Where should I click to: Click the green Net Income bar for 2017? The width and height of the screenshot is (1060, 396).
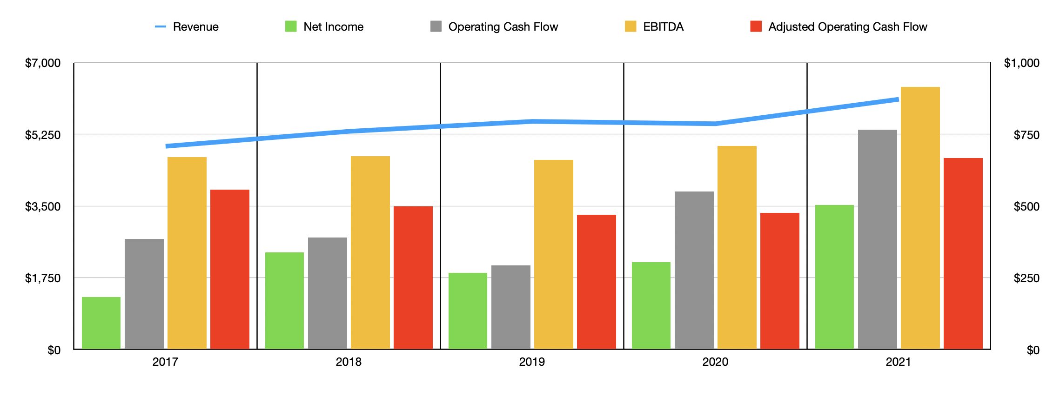101,323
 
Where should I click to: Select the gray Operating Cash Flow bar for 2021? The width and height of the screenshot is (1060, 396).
877,239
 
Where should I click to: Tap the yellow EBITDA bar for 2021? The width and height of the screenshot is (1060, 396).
920,218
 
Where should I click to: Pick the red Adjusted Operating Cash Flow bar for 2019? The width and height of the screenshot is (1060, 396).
596,282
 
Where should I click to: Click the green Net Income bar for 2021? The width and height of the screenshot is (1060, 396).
834,277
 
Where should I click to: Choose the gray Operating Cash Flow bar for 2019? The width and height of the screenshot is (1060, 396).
510,307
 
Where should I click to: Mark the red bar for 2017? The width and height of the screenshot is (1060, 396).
229,269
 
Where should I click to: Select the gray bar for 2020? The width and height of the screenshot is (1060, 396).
694,270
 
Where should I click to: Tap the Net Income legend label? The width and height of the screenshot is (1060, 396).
333,27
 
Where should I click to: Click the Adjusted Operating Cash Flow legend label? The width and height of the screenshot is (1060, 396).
847,27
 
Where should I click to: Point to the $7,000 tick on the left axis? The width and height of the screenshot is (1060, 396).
43,63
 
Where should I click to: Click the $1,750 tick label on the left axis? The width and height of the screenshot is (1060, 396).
43,278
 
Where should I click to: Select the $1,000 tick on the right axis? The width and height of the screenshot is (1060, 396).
1021,63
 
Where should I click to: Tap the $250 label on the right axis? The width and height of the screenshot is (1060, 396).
1026,278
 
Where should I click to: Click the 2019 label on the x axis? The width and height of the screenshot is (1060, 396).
532,362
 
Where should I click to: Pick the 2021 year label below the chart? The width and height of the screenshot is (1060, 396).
898,362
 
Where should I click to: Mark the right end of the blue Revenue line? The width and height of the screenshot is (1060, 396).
898,99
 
